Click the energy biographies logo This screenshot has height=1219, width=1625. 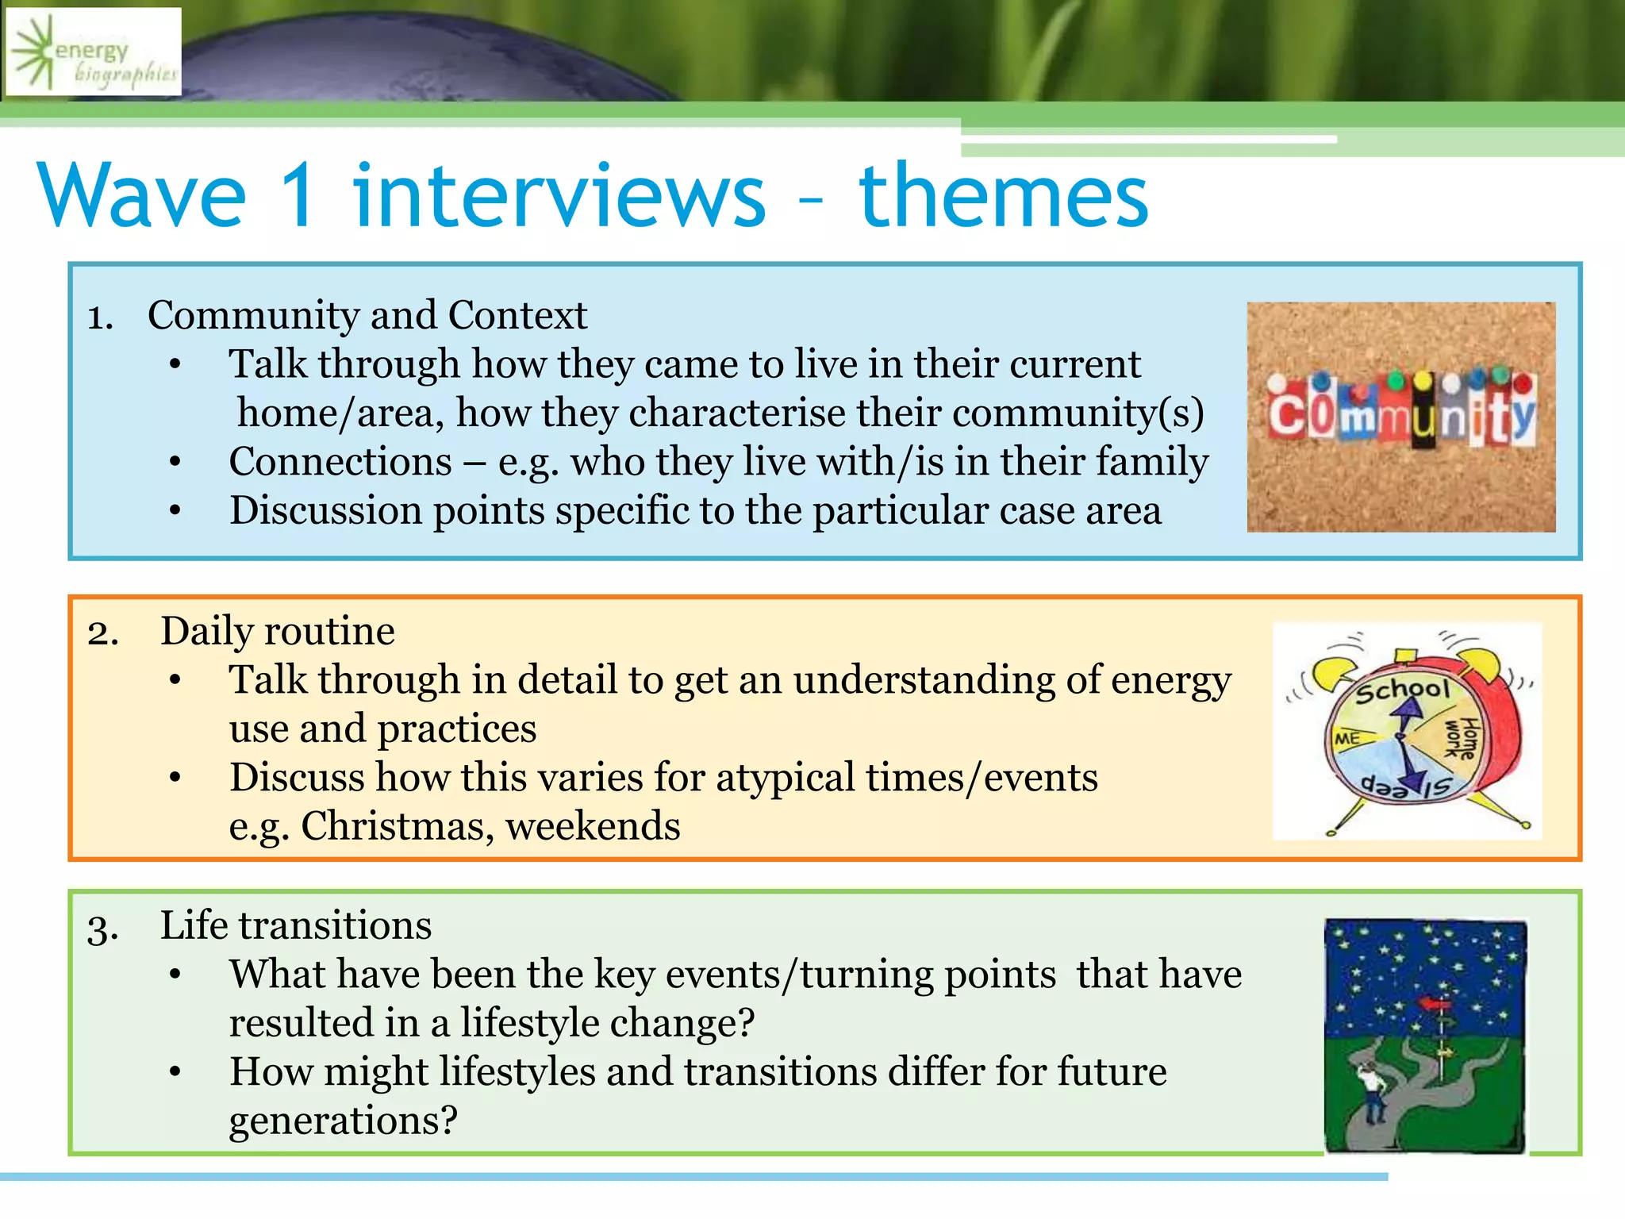(x=94, y=52)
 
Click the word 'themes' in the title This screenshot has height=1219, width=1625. (x=1003, y=196)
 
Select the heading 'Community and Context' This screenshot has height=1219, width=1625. (x=367, y=316)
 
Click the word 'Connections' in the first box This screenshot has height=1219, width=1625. (x=340, y=462)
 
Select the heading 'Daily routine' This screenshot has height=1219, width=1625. (x=277, y=632)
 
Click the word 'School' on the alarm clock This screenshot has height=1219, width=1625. (x=1402, y=690)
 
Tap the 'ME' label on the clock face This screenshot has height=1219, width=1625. (x=1347, y=739)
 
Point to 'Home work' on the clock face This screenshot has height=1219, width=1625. (x=1461, y=738)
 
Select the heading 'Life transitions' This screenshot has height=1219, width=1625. (x=295, y=926)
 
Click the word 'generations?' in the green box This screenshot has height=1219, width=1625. (x=343, y=1121)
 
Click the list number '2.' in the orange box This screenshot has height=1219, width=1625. (x=103, y=633)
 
